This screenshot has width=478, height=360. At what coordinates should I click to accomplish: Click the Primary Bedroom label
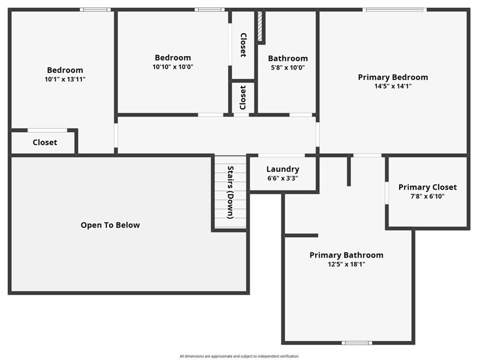(x=393, y=77)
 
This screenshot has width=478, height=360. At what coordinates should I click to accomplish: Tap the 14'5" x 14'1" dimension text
(x=393, y=86)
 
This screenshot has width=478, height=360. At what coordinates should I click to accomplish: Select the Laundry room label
(x=283, y=169)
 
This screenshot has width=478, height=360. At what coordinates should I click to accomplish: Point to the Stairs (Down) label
(x=230, y=192)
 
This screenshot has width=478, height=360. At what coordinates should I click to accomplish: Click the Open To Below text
(x=110, y=225)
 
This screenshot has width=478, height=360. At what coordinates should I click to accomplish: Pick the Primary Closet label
(x=427, y=187)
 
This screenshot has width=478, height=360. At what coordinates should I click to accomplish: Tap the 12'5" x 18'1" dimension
(x=346, y=264)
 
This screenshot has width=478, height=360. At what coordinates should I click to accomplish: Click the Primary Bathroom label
(x=346, y=255)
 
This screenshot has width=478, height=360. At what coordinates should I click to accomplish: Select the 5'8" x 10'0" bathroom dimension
(x=288, y=67)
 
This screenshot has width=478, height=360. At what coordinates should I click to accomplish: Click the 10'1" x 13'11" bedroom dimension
(x=65, y=80)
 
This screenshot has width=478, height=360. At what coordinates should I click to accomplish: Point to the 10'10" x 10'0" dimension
(x=173, y=67)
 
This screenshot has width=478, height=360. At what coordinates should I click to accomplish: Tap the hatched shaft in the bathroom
(x=260, y=26)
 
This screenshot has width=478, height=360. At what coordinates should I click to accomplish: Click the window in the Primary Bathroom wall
(x=357, y=343)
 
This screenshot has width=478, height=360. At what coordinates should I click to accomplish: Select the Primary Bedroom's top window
(x=395, y=10)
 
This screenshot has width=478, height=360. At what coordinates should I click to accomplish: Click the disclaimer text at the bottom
(x=239, y=356)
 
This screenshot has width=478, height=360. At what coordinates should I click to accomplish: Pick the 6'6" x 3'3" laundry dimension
(x=282, y=178)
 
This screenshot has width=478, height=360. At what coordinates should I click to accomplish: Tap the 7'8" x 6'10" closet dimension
(x=427, y=196)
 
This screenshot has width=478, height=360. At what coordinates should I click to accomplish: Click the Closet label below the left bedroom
(x=45, y=142)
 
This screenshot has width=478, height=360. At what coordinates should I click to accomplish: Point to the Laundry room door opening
(x=281, y=156)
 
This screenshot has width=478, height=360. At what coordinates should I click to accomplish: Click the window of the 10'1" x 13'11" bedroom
(x=95, y=10)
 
